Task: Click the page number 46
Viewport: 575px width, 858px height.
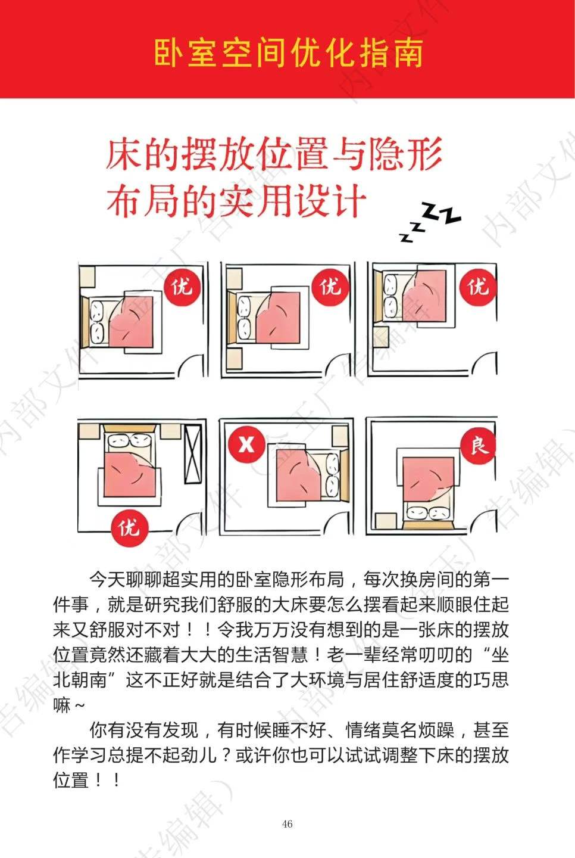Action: tap(287, 823)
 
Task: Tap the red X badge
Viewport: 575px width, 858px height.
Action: tap(246, 444)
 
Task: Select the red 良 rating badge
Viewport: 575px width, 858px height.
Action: tap(478, 446)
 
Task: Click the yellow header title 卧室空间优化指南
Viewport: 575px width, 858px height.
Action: tap(289, 53)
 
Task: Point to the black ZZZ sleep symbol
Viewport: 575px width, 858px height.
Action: tap(430, 222)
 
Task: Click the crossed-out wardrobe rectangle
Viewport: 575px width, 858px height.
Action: tap(193, 454)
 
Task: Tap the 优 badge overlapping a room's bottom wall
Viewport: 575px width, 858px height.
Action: tap(129, 528)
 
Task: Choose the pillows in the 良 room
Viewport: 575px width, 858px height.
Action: tap(429, 512)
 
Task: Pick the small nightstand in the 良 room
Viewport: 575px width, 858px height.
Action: tap(386, 521)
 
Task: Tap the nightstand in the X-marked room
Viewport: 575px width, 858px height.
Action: tap(340, 436)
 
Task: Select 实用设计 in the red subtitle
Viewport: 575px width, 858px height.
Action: tap(293, 200)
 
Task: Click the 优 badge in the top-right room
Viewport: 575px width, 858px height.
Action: tap(478, 287)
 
